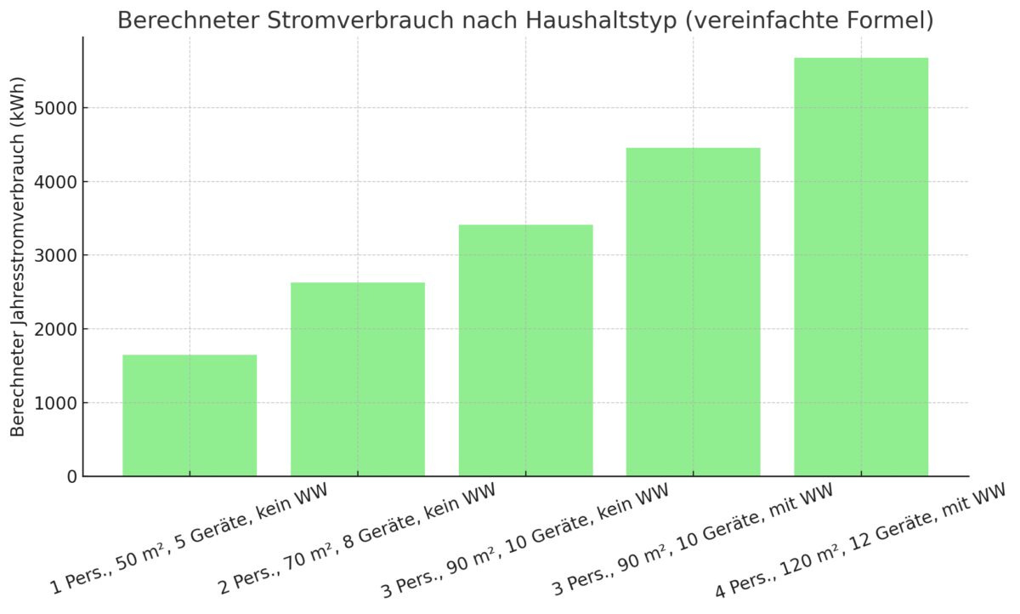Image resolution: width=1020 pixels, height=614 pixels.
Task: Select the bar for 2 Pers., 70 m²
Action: [358, 379]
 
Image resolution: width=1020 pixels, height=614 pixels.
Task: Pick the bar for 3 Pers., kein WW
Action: [525, 350]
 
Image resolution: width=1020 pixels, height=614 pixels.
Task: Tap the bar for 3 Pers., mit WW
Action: [694, 312]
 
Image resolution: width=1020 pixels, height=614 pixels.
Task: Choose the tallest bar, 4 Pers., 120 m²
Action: [861, 267]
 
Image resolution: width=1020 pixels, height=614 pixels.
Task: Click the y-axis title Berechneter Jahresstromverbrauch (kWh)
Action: [19, 256]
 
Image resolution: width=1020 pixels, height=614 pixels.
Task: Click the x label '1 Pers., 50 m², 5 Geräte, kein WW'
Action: [189, 539]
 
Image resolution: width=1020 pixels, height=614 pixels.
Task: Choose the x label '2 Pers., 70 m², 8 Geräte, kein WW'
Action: [357, 539]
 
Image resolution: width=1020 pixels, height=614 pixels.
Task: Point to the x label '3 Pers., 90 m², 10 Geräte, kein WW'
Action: [524, 541]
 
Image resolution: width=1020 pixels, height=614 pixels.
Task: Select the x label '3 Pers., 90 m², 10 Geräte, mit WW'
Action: [692, 541]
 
